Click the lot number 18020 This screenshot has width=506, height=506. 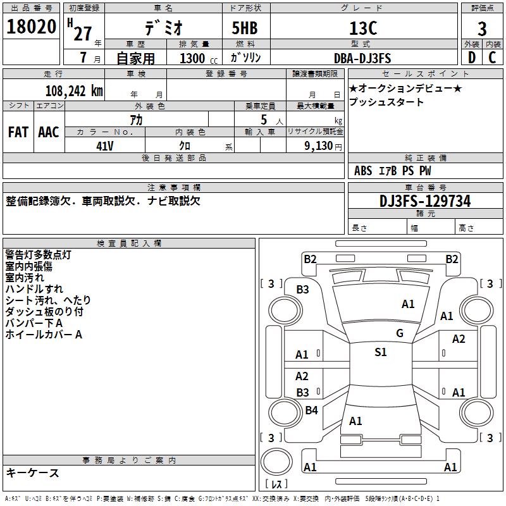31,27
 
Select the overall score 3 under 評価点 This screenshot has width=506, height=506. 482,28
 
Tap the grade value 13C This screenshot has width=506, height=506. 363,28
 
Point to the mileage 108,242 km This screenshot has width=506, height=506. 74,91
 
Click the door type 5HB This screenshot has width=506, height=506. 245,28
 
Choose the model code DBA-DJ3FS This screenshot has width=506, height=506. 362,58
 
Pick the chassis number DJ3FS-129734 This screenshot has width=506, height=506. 425,201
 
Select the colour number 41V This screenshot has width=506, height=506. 105,146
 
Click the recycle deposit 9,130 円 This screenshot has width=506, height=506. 323,146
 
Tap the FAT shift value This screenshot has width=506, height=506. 18,132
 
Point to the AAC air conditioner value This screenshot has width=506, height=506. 49,132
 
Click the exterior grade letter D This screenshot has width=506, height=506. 471,58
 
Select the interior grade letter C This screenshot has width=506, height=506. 492,58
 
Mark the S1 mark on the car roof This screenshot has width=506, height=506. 381,352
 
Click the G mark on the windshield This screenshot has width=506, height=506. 400,333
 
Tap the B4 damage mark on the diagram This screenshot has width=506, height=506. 311,410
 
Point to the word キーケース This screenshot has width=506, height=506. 33,473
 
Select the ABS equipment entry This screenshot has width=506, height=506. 363,171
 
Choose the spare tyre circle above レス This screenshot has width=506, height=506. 276,462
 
